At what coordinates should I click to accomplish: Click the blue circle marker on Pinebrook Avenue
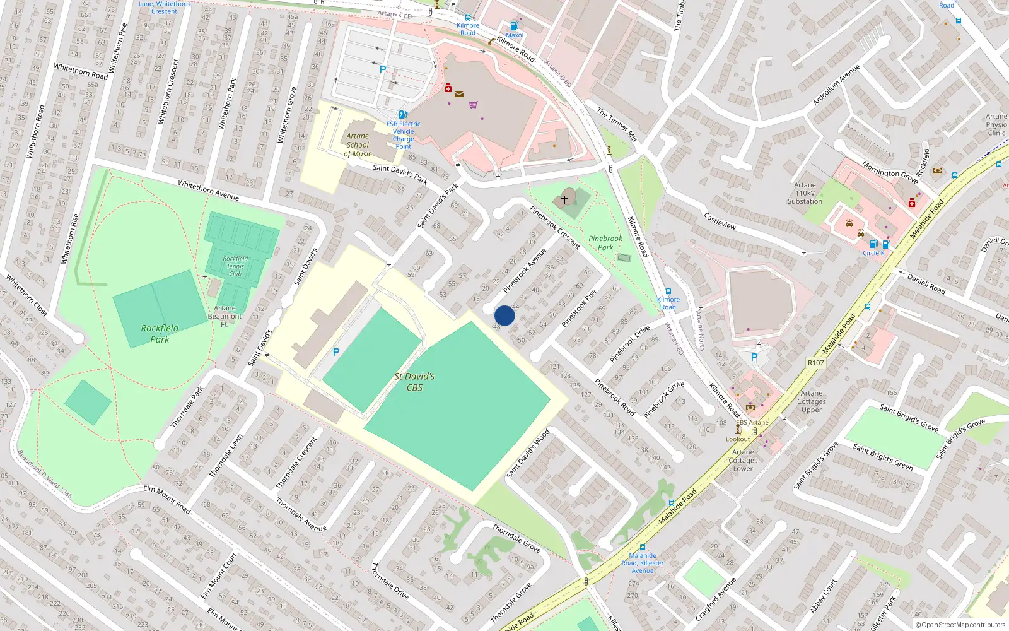pos(504,315)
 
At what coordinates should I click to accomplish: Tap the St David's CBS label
pos(414,382)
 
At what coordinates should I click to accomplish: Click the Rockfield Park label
pos(160,333)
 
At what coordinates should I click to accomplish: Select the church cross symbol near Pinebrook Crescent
pos(564,199)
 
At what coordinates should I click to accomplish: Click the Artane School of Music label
pos(358,144)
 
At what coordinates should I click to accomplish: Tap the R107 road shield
pos(815,363)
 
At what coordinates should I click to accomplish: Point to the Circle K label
pos(873,253)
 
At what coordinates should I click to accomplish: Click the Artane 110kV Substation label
pos(805,193)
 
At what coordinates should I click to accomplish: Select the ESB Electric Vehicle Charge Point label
pos(404,135)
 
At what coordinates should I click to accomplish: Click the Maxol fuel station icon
pos(514,27)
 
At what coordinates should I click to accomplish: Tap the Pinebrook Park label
pos(605,243)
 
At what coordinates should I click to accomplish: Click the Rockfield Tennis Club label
pos(235,266)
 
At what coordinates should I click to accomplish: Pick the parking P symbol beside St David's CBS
pos(336,353)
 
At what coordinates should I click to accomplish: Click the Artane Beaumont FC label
pos(225,316)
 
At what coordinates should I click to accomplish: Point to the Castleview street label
pos(720,221)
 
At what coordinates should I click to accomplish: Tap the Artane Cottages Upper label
pos(812,401)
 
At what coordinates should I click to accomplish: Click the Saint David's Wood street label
pos(528,454)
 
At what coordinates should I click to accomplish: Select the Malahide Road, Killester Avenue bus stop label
pos(643,563)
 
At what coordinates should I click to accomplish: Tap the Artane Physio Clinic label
pos(996,124)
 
